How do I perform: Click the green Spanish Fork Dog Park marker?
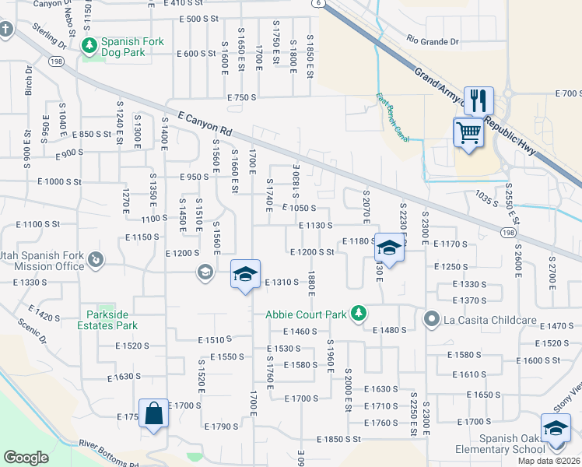[89, 46]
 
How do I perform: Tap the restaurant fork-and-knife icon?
[479, 100]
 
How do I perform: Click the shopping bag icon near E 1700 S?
[153, 413]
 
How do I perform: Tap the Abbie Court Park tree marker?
[358, 314]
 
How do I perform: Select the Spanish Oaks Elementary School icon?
[556, 430]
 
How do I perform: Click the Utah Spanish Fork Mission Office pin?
[96, 259]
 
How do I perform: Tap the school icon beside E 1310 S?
[244, 275]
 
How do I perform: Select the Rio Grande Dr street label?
[433, 41]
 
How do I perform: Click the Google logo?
[26, 458]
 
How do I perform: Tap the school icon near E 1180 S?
[388, 248]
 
